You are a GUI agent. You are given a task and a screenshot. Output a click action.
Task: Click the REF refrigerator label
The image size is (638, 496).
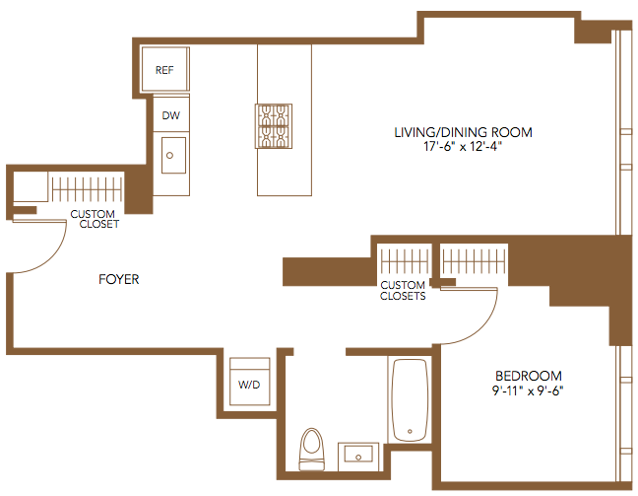click(164, 70)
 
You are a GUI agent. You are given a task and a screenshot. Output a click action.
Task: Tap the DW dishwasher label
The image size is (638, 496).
click(171, 115)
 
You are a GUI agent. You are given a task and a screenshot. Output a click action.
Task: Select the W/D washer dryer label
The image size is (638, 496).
click(249, 385)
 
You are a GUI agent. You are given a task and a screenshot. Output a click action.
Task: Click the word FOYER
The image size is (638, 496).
click(119, 279)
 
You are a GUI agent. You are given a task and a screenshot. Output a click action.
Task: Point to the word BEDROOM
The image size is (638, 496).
click(529, 376)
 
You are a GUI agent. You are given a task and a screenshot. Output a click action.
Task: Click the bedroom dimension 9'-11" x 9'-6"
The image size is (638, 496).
click(528, 390)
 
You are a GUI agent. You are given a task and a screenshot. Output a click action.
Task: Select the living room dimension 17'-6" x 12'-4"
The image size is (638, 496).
click(463, 146)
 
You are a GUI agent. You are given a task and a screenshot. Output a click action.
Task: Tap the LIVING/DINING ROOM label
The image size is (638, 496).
click(463, 132)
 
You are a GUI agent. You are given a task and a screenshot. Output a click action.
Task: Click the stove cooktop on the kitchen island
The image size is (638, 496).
click(274, 126)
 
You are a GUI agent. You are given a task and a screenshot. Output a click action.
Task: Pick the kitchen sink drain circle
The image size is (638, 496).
click(169, 155)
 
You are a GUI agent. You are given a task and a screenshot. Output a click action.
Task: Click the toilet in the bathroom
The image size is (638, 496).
click(312, 449)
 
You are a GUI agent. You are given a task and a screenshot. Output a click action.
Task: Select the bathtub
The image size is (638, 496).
click(410, 399)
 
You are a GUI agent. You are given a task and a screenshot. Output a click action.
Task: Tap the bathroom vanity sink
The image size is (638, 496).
click(358, 454)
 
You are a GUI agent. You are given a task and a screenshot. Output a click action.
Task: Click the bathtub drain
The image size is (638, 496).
click(410, 431)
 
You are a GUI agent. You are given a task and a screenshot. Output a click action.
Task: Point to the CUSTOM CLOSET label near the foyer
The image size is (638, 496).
click(95, 219)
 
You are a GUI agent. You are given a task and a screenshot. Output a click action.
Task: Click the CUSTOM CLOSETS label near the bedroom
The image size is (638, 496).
click(403, 291)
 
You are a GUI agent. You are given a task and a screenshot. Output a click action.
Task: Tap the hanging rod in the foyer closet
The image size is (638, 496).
click(87, 189)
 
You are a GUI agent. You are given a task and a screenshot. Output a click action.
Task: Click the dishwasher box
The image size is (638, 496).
click(171, 114)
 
